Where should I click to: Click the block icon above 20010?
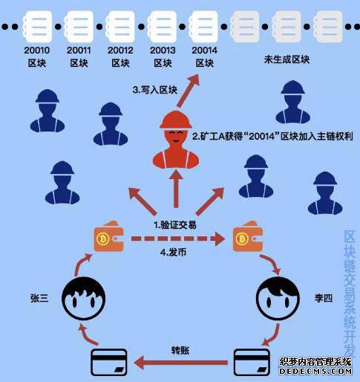pyautogui.click(x=37, y=26)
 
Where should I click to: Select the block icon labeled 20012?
pyautogui.click(x=120, y=26)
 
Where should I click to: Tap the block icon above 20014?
pyautogui.click(x=203, y=26)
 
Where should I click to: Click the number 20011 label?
pyautogui.click(x=79, y=51)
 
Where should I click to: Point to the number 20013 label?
pyautogui.click(x=163, y=51)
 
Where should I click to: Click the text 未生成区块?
pyautogui.click(x=287, y=59)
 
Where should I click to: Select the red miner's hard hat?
pyautogui.click(x=176, y=120)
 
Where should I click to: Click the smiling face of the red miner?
pyautogui.click(x=176, y=137)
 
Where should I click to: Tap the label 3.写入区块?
pyautogui.click(x=155, y=90)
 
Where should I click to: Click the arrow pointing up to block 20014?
pyautogui.click(x=188, y=91)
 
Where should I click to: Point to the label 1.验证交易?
pyautogui.click(x=175, y=225)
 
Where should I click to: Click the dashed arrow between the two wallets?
pyautogui.click(x=178, y=239)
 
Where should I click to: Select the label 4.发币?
pyautogui.click(x=173, y=253)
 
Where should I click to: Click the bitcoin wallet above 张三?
pyautogui.click(x=108, y=236)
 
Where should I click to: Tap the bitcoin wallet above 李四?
pyautogui.click(x=247, y=236)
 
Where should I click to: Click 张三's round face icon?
pyautogui.click(x=84, y=298)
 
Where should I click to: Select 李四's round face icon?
pyautogui.click(x=278, y=298)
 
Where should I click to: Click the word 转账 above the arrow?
pyautogui.click(x=180, y=351)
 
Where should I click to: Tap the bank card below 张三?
pyautogui.click(x=109, y=362)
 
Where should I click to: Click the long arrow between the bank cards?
pyautogui.click(x=180, y=363)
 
